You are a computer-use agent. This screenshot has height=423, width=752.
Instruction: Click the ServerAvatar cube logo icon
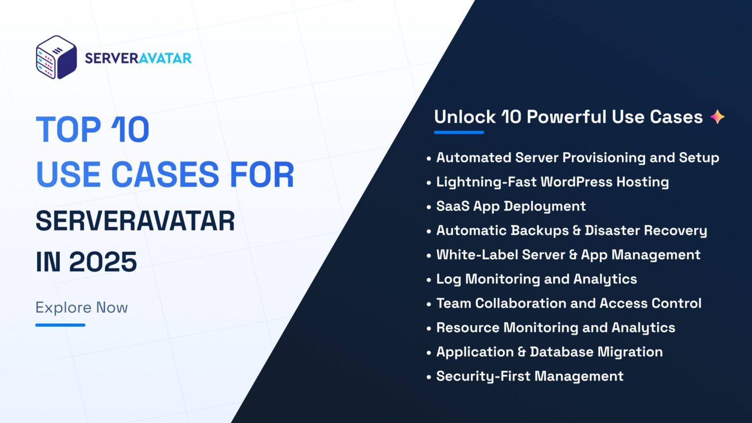[x=56, y=57]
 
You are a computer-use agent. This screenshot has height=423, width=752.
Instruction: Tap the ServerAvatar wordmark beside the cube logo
[x=138, y=58]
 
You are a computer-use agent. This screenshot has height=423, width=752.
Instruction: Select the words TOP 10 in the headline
[x=93, y=130]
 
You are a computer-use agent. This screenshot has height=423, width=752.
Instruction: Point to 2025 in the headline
[x=103, y=262]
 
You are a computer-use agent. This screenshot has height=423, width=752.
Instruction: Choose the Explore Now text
[x=81, y=307]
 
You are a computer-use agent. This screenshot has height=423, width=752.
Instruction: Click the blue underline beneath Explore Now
[x=60, y=325]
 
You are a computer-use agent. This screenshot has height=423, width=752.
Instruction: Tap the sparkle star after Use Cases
[x=717, y=117]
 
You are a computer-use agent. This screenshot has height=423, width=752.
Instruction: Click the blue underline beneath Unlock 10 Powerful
[x=459, y=132]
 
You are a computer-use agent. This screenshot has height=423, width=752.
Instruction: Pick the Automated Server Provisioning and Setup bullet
[x=577, y=158]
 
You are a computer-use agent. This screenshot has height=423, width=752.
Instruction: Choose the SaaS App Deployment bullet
[x=511, y=206]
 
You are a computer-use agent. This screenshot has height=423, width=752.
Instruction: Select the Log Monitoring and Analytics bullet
[x=536, y=279]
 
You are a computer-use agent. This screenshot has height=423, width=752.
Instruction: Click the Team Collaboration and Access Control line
[x=568, y=304]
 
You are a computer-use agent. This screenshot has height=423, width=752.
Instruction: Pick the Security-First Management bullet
[x=529, y=376]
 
